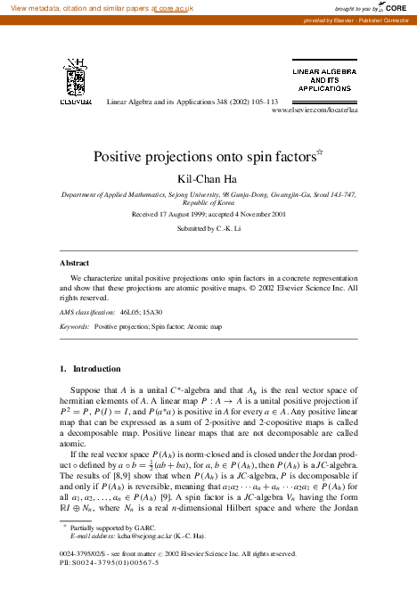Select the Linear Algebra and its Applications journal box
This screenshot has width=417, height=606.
point(323,78)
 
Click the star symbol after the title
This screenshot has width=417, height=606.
point(319,152)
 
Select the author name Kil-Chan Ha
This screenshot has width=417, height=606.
point(208,178)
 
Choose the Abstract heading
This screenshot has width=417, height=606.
point(75,264)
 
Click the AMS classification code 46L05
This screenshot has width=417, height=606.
point(132,313)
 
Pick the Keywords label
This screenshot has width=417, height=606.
point(75,327)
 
